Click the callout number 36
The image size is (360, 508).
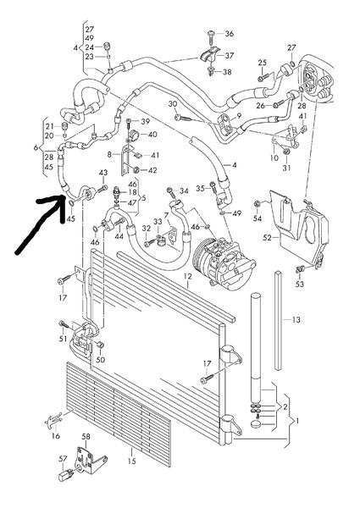(228, 34)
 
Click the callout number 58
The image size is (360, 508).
(85, 437)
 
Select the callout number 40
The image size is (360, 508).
(152, 135)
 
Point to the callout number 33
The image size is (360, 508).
(158, 223)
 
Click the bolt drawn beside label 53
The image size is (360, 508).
(300, 269)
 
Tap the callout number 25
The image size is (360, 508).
(263, 63)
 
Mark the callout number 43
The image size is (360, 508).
(103, 174)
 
